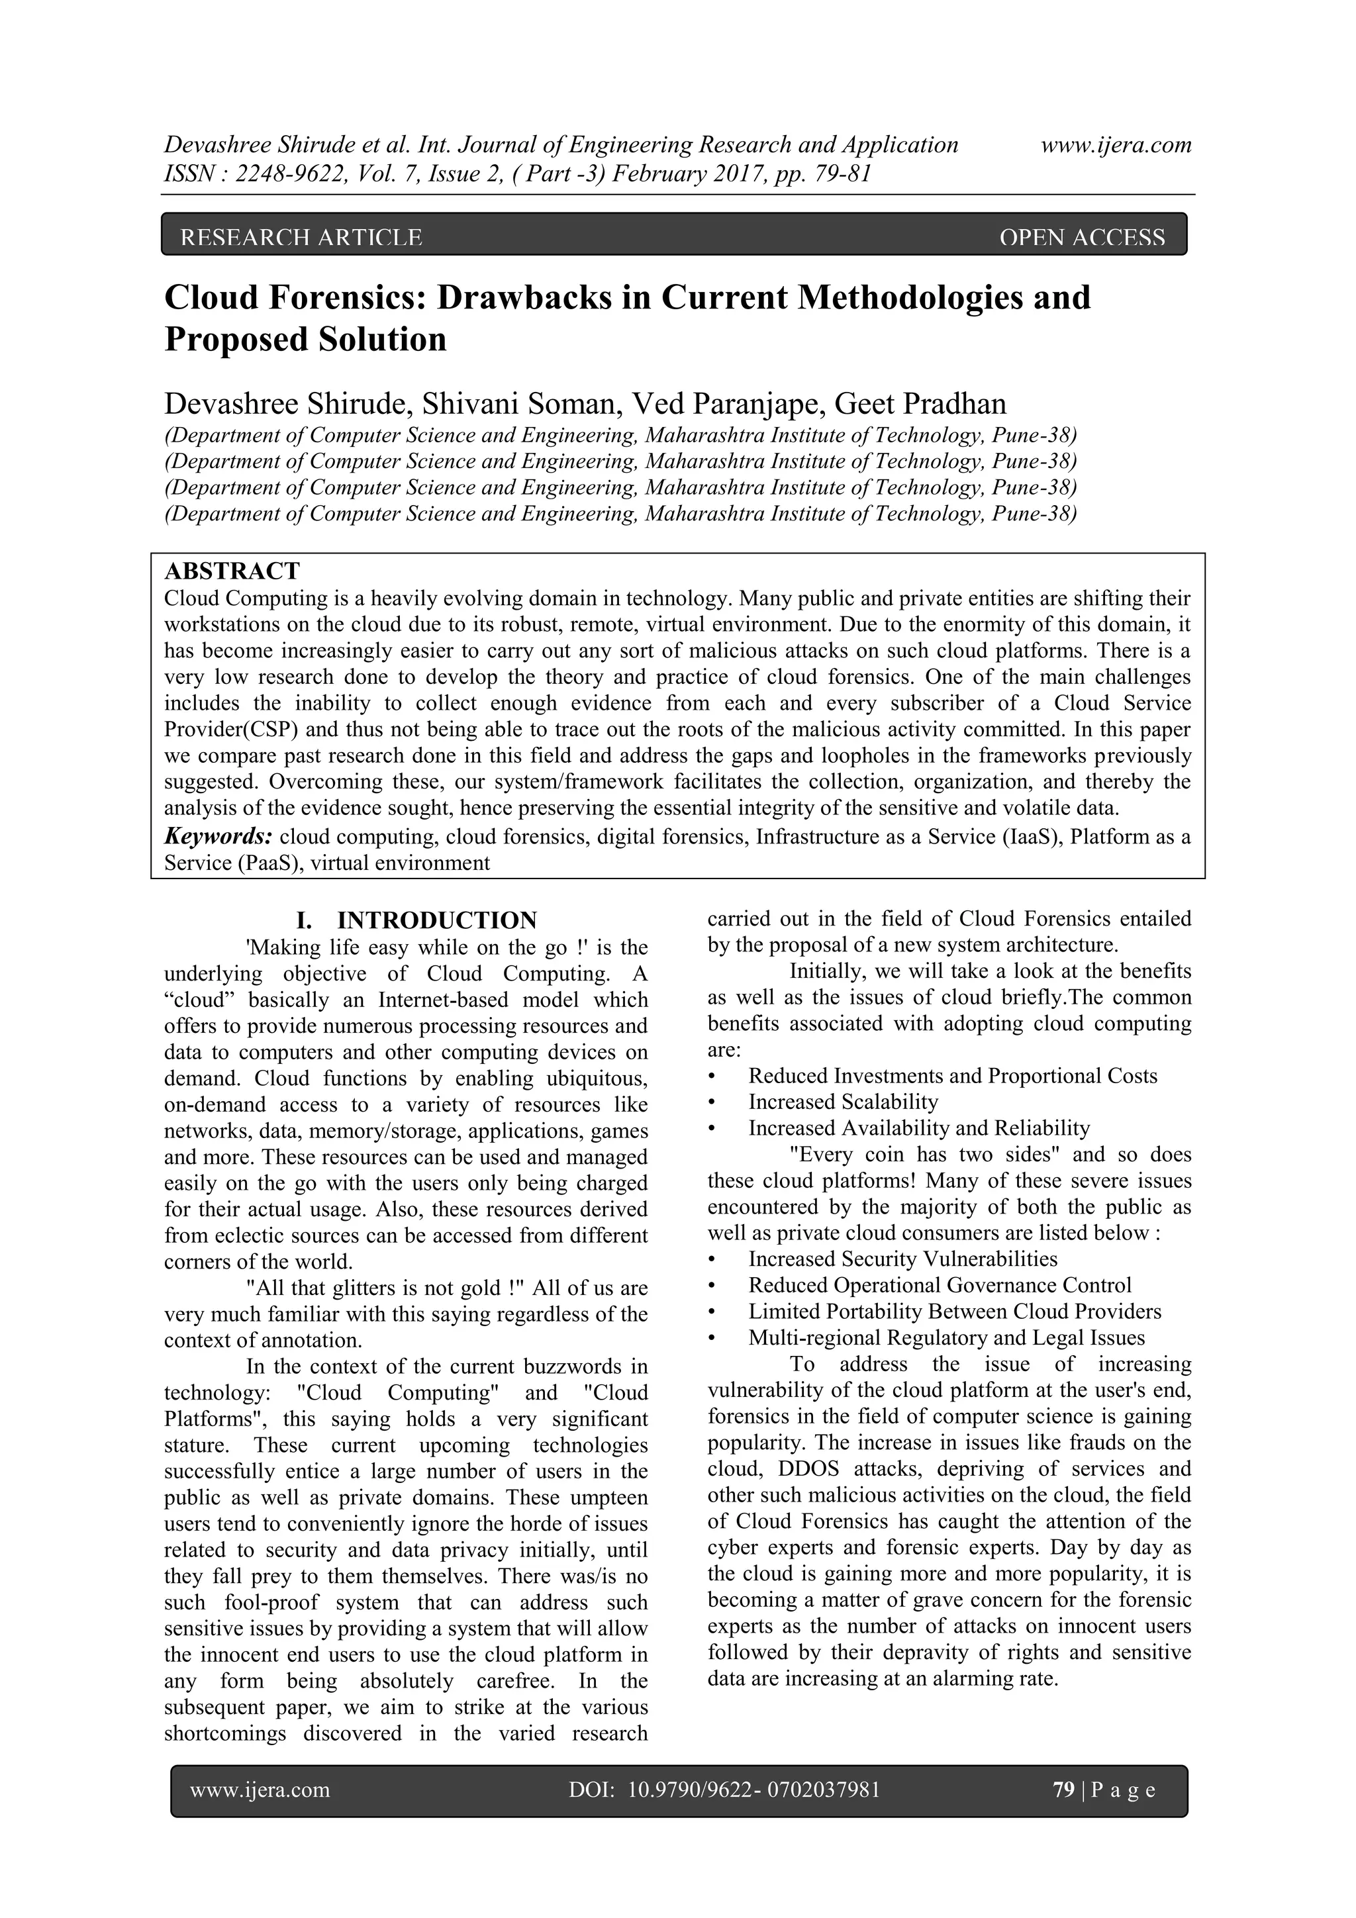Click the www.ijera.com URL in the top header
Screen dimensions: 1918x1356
click(x=1116, y=146)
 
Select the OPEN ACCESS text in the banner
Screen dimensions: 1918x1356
click(x=1081, y=238)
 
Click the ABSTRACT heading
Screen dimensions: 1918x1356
click(x=232, y=571)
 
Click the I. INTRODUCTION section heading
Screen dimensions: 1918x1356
click(x=416, y=920)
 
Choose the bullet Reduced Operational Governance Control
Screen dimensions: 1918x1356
click(x=939, y=1285)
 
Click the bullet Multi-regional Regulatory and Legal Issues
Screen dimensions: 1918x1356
click(x=945, y=1337)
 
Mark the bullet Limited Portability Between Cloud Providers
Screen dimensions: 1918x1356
click(x=954, y=1312)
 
